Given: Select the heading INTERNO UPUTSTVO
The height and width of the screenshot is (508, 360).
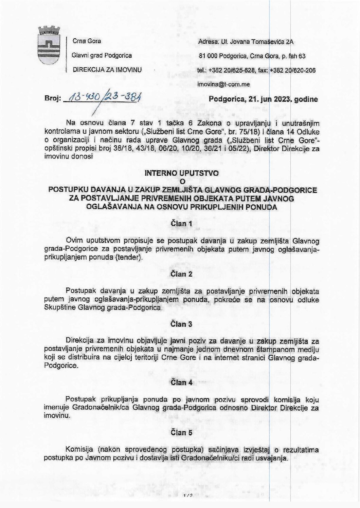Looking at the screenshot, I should point(182,173).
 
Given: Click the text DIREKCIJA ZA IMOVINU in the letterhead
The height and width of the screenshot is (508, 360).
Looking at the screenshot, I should point(108,70).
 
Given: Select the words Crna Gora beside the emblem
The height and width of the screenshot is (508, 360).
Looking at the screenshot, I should point(87,41).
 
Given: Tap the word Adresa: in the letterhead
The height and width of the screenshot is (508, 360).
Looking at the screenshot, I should point(208,41).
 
